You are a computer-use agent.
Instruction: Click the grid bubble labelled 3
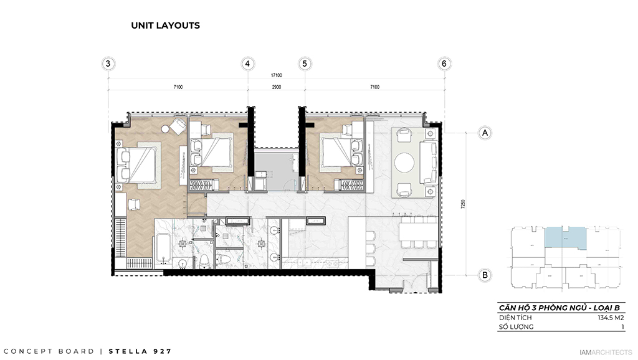(108, 64)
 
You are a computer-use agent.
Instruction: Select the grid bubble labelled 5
(305, 64)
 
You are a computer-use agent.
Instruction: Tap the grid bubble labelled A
(483, 133)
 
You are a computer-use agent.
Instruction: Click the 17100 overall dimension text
(275, 75)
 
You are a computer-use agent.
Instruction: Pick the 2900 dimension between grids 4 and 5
(276, 88)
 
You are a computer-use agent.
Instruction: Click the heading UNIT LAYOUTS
(165, 26)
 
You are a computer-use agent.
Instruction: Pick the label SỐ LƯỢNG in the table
(516, 326)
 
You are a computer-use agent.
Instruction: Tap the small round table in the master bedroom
(165, 129)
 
